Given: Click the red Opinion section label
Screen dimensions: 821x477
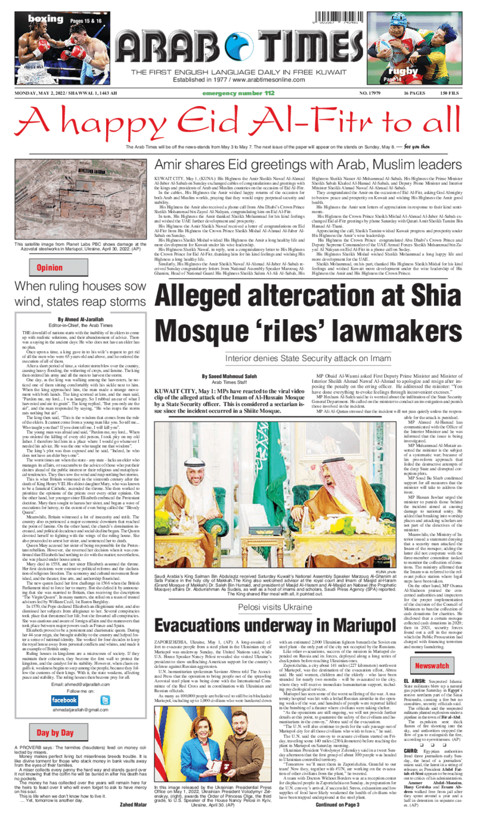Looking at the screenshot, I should [x=49, y=268].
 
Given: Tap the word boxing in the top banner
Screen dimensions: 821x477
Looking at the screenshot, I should [x=45, y=20].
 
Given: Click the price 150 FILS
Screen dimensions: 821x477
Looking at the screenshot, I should [x=450, y=93].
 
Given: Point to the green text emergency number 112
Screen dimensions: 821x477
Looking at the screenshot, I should [x=238, y=93].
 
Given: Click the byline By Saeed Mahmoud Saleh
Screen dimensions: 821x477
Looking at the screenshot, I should [x=233, y=376].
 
